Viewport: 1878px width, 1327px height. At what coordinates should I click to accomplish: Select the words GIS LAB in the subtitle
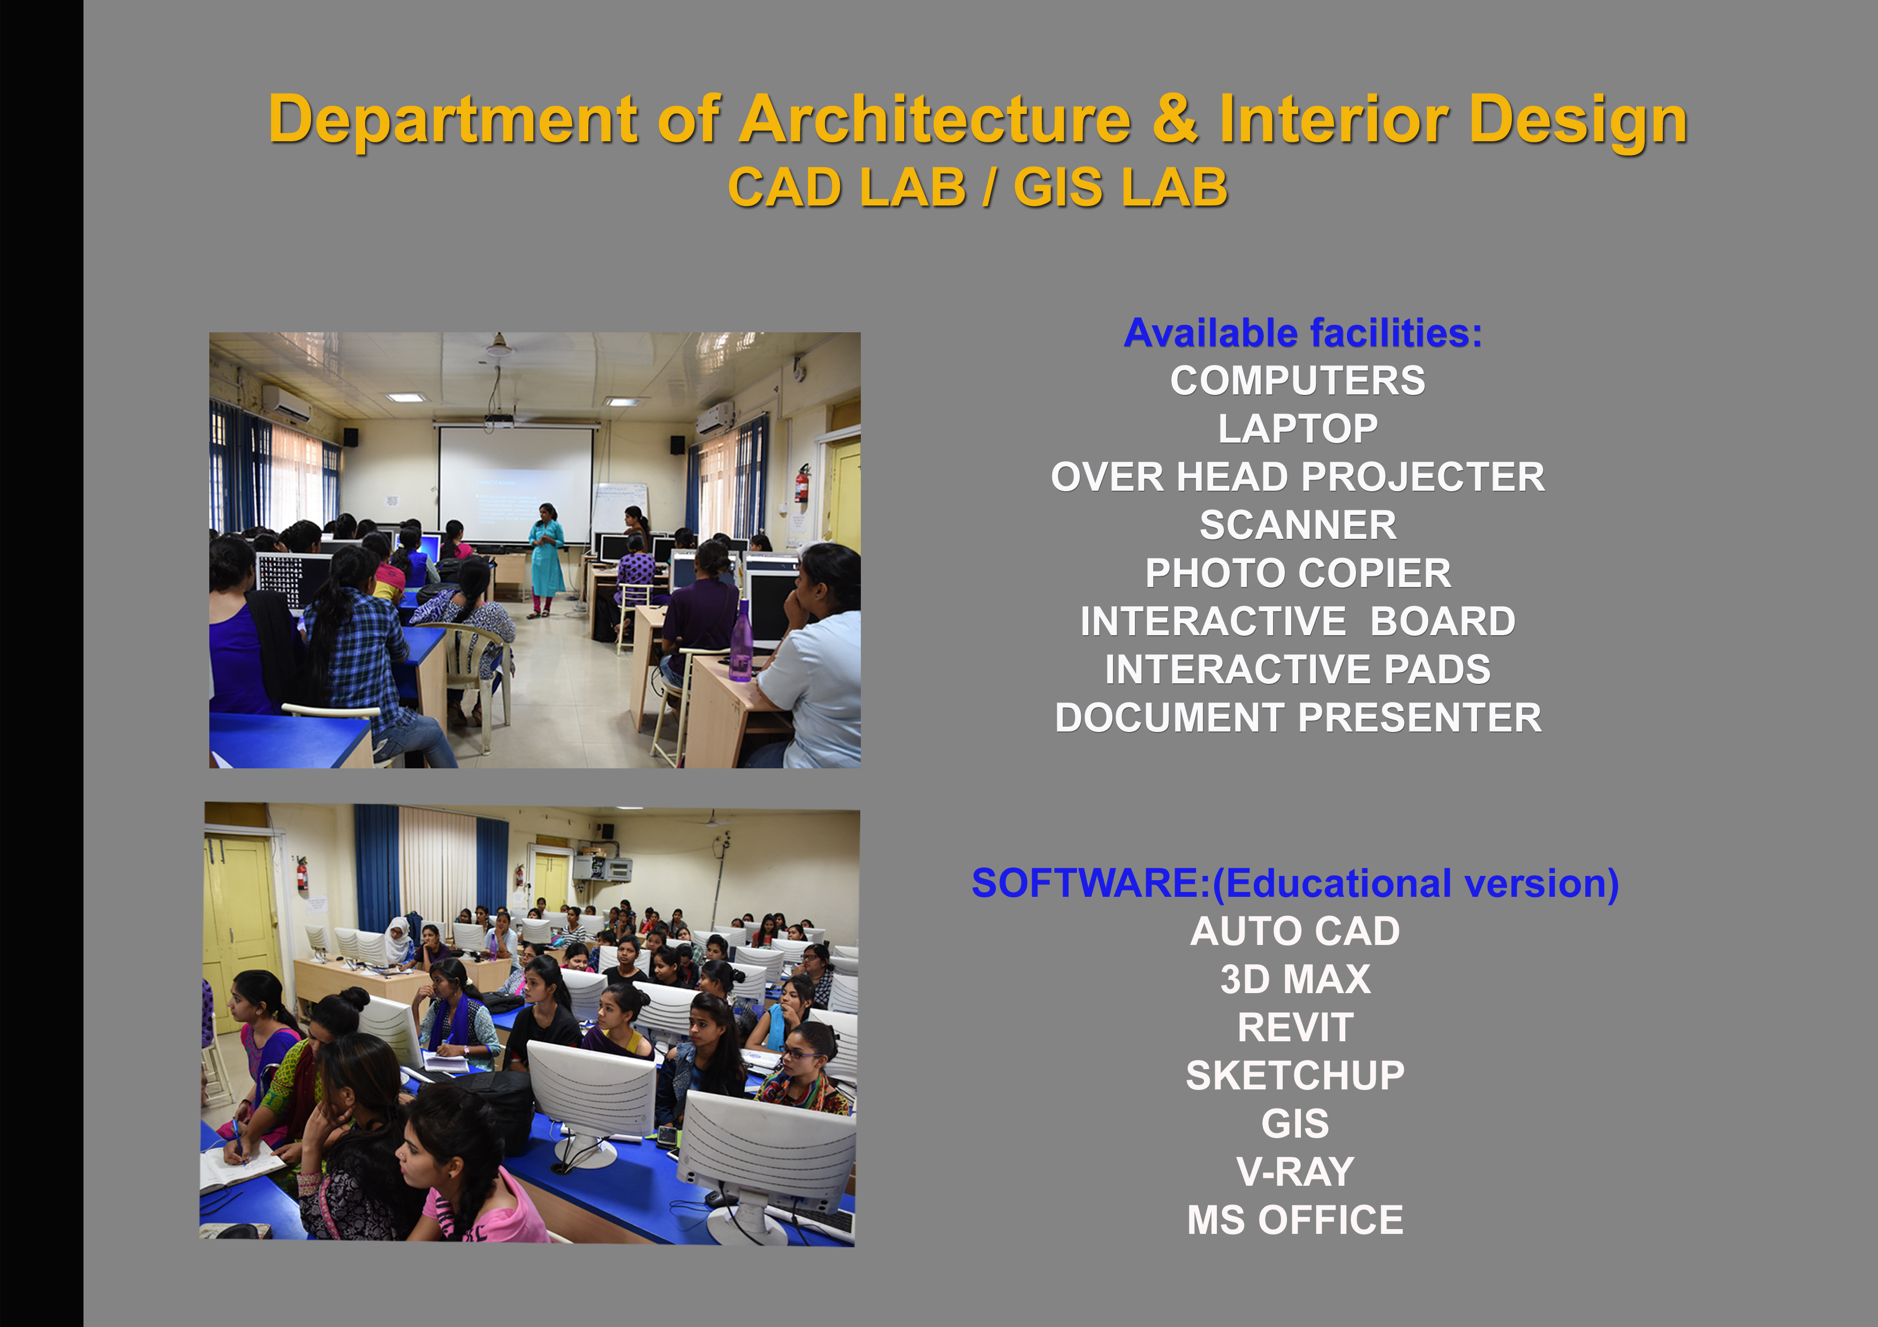1120,187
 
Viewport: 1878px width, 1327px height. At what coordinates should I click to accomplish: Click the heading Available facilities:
1303,333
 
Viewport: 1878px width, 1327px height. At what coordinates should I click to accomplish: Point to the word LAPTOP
1298,429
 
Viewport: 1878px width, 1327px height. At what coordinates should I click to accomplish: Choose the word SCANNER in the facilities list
1298,525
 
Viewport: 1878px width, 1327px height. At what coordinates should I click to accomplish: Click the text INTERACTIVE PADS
1298,669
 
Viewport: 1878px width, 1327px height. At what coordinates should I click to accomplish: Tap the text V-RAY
1296,1172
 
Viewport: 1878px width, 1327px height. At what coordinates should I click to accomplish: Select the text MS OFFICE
1296,1220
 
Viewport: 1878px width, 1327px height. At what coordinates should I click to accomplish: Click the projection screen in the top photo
516,486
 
